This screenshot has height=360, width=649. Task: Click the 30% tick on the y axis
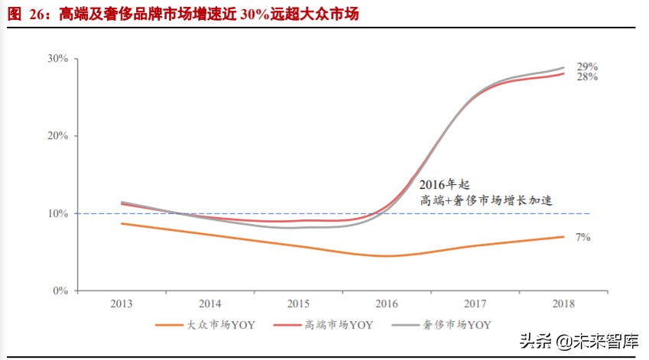tap(58, 58)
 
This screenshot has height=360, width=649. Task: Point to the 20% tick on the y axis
tap(58, 136)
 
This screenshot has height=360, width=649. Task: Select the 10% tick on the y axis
tap(58, 213)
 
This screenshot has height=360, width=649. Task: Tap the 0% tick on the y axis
tap(61, 291)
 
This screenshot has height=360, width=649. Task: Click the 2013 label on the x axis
tap(122, 303)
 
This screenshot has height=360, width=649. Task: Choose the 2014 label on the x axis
tap(209, 303)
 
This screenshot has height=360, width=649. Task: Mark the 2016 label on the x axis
tap(386, 303)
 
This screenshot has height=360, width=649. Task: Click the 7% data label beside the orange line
tap(582, 238)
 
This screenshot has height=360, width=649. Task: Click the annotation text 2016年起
tap(443, 185)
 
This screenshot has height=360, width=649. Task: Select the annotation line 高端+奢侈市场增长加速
tap(486, 200)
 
